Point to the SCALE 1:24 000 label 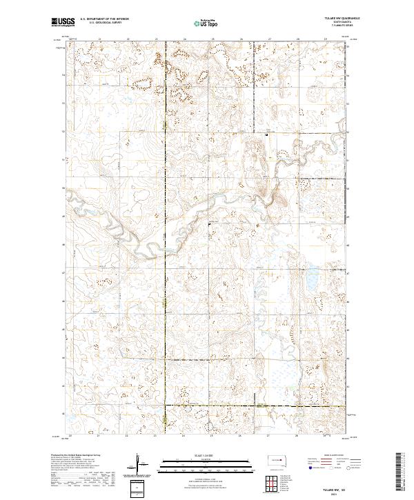[x=206, y=454]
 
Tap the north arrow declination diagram [x=141, y=464]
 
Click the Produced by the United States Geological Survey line [x=76, y=455]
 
